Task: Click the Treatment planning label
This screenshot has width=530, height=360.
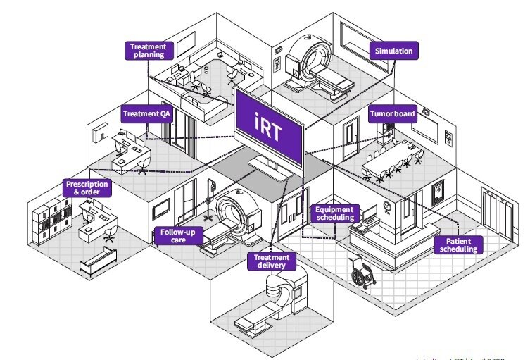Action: coord(149,50)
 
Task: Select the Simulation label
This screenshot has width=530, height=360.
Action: coord(395,51)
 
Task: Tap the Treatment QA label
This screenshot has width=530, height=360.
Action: coord(147,114)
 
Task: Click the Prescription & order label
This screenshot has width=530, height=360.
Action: coord(88,187)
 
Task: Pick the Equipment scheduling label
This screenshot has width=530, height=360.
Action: coord(334,213)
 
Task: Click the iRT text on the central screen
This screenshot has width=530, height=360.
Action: coord(270,120)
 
